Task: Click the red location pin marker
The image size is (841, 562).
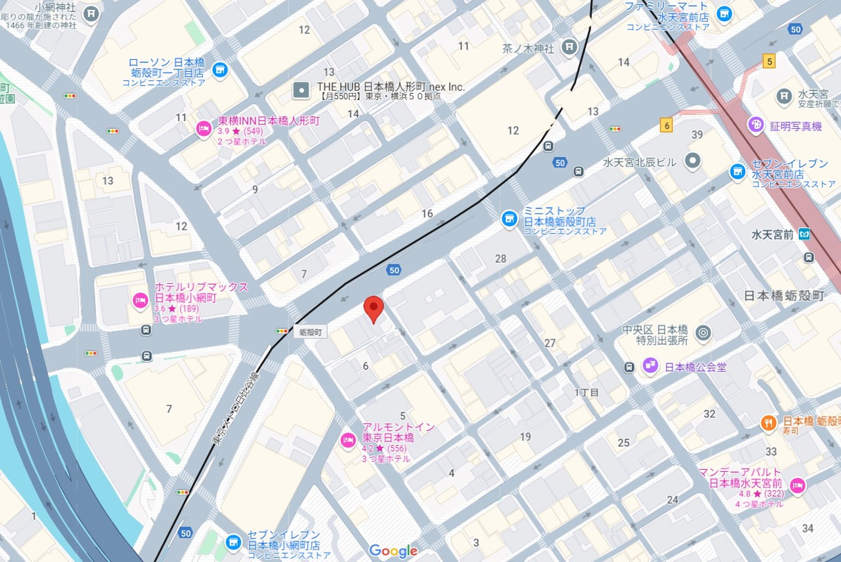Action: (374, 308)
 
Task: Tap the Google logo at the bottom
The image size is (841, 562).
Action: (393, 551)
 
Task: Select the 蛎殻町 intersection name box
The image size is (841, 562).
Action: (310, 332)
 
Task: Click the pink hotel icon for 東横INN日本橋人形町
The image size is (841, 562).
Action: (204, 129)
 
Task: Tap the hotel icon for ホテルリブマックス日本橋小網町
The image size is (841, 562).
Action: (140, 301)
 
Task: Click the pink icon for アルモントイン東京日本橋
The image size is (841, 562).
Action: (348, 440)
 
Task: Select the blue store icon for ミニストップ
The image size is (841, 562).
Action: (509, 218)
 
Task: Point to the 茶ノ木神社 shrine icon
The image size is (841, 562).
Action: (569, 46)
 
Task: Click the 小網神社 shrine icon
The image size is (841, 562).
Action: (92, 14)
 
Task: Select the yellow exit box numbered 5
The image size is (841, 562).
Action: (769, 61)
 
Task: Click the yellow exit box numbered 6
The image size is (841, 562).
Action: (667, 126)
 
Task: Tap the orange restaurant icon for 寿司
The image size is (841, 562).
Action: (769, 423)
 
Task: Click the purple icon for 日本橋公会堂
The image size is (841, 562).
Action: (650, 365)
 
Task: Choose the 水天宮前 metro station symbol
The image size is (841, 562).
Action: (804, 234)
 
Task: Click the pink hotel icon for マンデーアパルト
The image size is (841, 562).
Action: (798, 485)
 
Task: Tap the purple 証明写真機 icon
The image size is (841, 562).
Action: (756, 125)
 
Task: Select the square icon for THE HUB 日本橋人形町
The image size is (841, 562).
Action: (301, 91)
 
